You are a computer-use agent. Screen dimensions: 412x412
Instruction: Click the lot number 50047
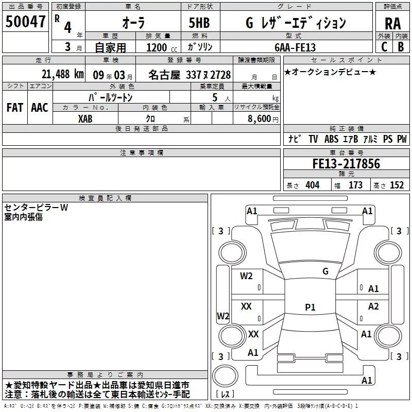tap(25, 22)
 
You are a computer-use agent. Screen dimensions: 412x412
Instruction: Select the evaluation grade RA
tap(393, 24)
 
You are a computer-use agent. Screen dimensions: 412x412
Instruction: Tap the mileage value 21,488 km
tap(62, 74)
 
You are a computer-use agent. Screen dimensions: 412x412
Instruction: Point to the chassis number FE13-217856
tap(346, 164)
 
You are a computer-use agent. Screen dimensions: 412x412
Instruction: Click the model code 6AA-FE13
tap(295, 47)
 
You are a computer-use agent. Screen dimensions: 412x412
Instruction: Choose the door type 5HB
tap(199, 23)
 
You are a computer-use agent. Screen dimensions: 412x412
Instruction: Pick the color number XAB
tap(85, 119)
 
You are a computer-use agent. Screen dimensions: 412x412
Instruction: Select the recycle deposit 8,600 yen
tap(263, 119)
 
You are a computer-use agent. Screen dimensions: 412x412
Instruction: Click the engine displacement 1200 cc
tap(162, 47)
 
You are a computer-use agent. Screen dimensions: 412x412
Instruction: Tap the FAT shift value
tap(15, 108)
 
